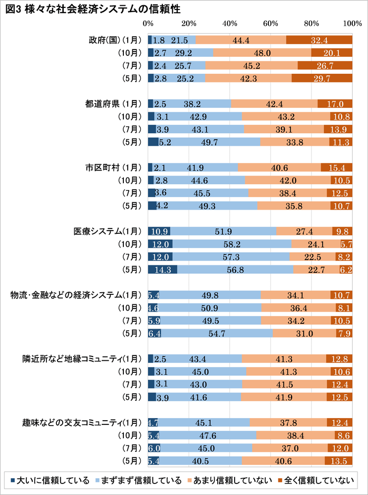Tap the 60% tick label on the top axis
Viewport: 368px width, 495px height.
pyautogui.click(x=270, y=24)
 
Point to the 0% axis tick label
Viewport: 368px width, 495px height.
pyautogui.click(x=148, y=24)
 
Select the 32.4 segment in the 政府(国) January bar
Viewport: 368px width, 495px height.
pyautogui.click(x=319, y=40)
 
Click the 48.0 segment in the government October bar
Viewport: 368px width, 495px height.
pyautogui.click(x=262, y=53)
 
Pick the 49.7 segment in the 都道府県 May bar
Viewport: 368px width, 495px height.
pyautogui.click(x=209, y=141)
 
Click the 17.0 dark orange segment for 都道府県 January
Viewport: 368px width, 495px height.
pyautogui.click(x=335, y=103)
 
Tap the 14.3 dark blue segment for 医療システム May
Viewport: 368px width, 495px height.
pyautogui.click(x=162, y=270)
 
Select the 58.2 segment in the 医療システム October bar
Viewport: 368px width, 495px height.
pyautogui.click(x=231, y=244)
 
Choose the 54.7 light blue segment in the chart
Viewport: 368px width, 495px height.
pyautogui.click(x=217, y=333)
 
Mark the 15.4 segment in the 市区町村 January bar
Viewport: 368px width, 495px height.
pyautogui.click(x=336, y=167)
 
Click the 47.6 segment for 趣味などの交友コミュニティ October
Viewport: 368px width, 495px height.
pyautogui.click(x=207, y=435)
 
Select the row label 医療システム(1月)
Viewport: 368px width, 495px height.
pyautogui.click(x=108, y=231)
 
